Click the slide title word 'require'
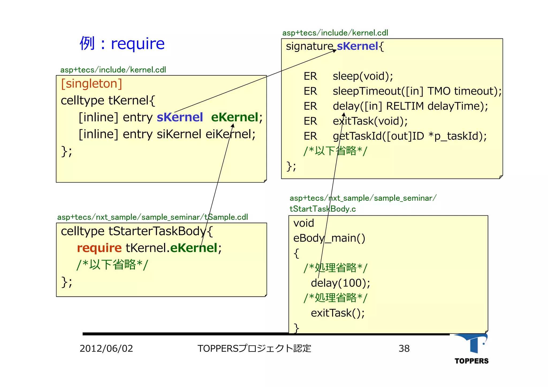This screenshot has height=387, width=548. click(138, 44)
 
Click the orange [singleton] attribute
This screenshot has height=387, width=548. click(92, 84)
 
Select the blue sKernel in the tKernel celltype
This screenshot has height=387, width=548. click(180, 117)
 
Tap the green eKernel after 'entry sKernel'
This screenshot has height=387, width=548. click(235, 117)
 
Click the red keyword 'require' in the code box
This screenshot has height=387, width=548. click(99, 248)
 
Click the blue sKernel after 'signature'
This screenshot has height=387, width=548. click(357, 46)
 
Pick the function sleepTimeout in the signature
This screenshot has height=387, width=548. click(367, 91)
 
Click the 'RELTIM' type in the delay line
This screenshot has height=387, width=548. click(405, 106)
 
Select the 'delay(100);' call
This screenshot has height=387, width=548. click(340, 283)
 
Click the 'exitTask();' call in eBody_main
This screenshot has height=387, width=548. click(338, 313)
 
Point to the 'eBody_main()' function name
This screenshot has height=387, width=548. click(329, 238)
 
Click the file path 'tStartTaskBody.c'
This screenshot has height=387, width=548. click(323, 209)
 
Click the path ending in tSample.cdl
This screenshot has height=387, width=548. click(153, 217)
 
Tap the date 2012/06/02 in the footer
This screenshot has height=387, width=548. click(106, 349)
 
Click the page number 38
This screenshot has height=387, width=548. click(404, 349)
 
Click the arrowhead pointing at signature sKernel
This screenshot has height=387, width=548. click(334, 51)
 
